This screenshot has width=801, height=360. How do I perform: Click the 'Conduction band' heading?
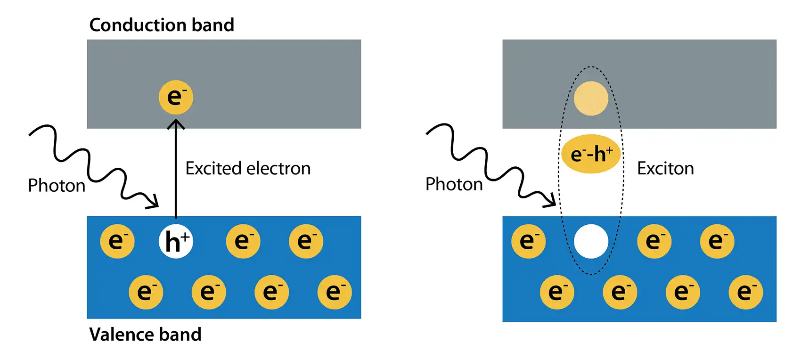pyautogui.click(x=162, y=25)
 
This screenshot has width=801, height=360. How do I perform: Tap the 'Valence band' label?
pyautogui.click(x=145, y=335)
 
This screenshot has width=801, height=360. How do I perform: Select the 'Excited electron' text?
pyautogui.click(x=248, y=168)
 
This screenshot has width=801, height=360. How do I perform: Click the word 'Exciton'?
pyautogui.click(x=665, y=168)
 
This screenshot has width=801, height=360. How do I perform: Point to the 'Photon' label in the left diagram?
pyautogui.click(x=57, y=186)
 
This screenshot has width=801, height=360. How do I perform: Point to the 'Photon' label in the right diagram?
pyautogui.click(x=454, y=184)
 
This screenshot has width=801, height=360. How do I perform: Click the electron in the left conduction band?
pyautogui.click(x=176, y=97)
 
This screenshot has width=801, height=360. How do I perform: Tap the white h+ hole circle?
pyautogui.click(x=176, y=242)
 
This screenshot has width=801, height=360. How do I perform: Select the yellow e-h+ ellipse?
pyautogui.click(x=591, y=154)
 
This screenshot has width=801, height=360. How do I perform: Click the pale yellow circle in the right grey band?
pyautogui.click(x=591, y=98)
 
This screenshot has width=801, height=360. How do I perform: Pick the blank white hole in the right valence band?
pyautogui.click(x=591, y=242)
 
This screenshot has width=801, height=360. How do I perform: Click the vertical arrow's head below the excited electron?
pyautogui.click(x=176, y=123)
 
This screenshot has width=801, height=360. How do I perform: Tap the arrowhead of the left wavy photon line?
pyautogui.click(x=154, y=204)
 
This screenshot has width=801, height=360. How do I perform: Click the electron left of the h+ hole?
pyautogui.click(x=117, y=241)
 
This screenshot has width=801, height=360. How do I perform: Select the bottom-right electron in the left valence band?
pyautogui.click(x=335, y=292)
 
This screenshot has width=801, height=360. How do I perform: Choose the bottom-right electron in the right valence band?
pyautogui.click(x=745, y=292)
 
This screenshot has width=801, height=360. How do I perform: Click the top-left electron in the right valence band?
pyautogui.click(x=528, y=241)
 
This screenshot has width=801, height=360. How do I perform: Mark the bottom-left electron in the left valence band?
pyautogui.click(x=146, y=292)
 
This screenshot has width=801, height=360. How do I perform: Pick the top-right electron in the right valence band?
pyautogui.click(x=717, y=241)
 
